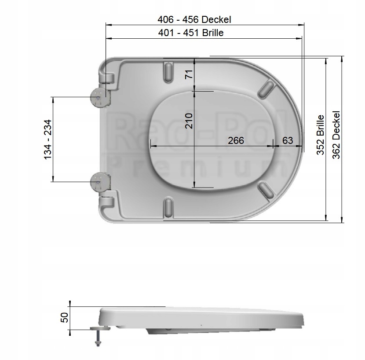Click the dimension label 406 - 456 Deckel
click(x=194, y=19)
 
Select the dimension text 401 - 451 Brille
click(x=191, y=33)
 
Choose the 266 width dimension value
click(x=236, y=140)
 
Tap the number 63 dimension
click(x=288, y=140)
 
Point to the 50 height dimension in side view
click(x=64, y=317)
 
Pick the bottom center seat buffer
click(x=168, y=206)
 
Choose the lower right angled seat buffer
click(x=265, y=190)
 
